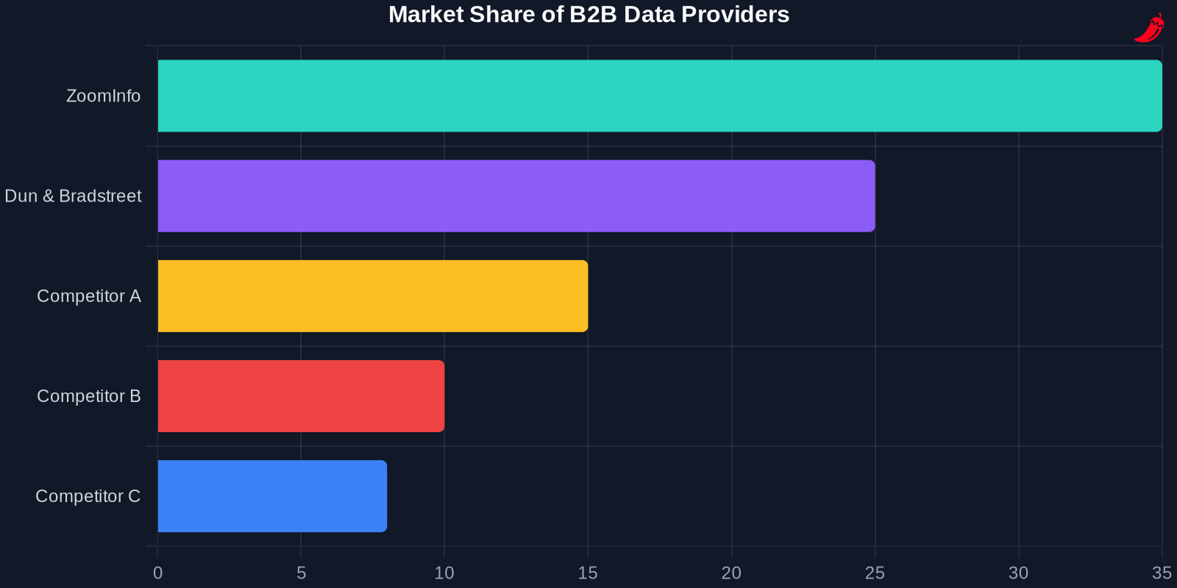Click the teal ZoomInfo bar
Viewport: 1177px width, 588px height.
coord(660,96)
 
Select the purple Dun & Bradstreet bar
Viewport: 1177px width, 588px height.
coord(516,196)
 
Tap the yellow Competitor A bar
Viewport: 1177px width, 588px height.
coord(373,296)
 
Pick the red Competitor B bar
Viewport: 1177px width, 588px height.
coord(301,396)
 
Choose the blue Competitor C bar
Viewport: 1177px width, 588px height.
coord(272,496)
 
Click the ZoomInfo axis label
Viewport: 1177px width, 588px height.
coord(103,96)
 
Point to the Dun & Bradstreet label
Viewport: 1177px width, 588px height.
coord(73,196)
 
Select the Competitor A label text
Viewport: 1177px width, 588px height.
coord(88,296)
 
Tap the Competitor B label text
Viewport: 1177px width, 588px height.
coord(88,396)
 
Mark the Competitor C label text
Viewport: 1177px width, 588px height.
coord(88,496)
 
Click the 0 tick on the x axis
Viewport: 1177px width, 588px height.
coord(157,573)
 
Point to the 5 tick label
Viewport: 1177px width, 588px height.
coord(301,573)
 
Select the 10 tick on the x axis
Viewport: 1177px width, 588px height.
coord(444,573)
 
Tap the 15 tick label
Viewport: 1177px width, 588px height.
coord(588,573)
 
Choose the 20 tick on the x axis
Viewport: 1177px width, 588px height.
coord(731,573)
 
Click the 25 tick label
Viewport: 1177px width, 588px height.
coord(875,573)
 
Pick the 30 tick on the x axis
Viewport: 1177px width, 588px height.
coord(1018,573)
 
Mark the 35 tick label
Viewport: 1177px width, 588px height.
coord(1162,573)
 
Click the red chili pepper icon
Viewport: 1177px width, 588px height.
coord(1149,28)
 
